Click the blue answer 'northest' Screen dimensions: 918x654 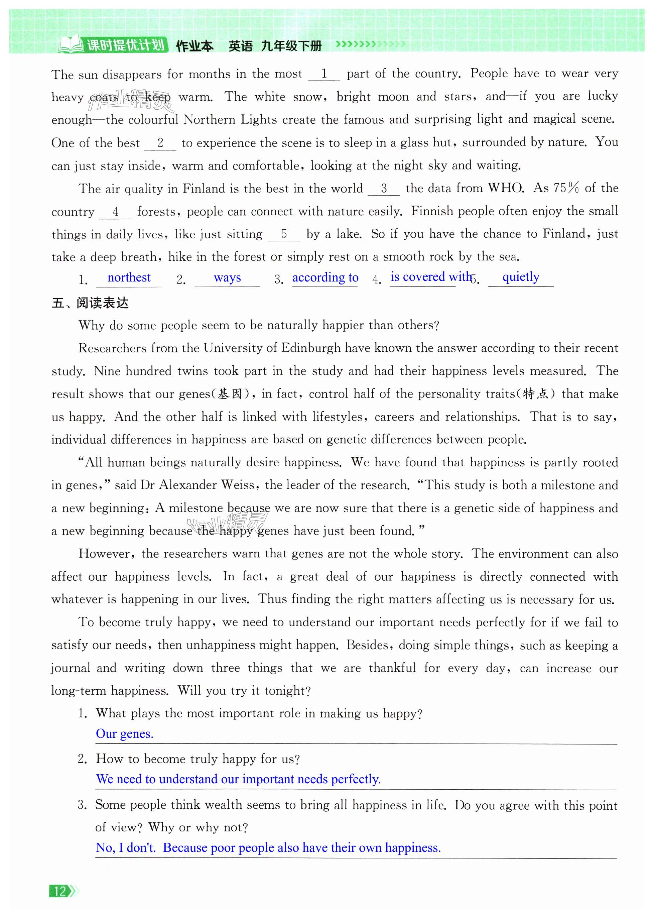(129, 277)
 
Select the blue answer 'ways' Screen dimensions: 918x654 (227, 277)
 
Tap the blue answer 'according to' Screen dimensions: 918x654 (325, 277)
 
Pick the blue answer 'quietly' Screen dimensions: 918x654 (521, 276)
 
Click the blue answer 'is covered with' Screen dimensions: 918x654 (430, 276)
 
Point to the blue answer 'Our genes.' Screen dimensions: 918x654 (124, 733)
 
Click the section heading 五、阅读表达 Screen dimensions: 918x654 (90, 303)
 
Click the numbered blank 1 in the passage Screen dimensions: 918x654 (324, 74)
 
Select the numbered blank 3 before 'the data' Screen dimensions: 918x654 (384, 188)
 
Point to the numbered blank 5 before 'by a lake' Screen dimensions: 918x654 (284, 234)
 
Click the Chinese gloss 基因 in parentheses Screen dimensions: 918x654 (230, 394)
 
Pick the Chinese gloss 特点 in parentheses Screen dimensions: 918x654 (535, 394)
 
